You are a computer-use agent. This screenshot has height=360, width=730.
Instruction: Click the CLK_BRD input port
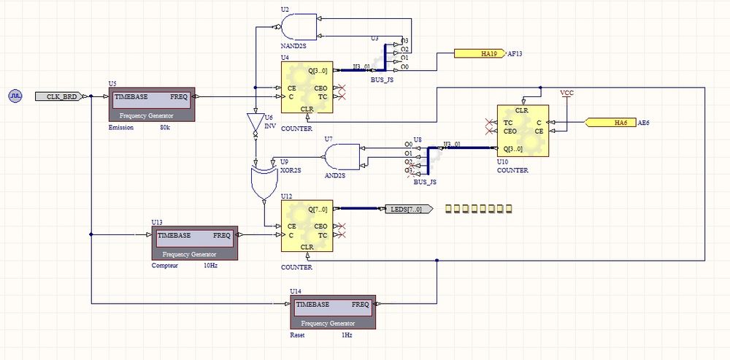coord(61,96)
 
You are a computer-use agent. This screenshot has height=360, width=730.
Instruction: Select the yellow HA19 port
coord(478,53)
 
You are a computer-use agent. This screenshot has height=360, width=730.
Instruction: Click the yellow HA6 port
coord(610,122)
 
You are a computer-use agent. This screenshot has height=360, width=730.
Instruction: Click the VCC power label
coord(566,93)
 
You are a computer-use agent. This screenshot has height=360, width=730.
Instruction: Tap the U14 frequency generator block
coord(332,313)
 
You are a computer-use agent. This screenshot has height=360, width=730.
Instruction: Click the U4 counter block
coord(307,88)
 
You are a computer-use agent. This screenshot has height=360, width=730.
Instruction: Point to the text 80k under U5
coord(165,129)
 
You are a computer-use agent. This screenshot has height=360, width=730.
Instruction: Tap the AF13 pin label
coord(515,53)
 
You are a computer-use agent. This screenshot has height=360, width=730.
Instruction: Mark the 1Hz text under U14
coord(347,335)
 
